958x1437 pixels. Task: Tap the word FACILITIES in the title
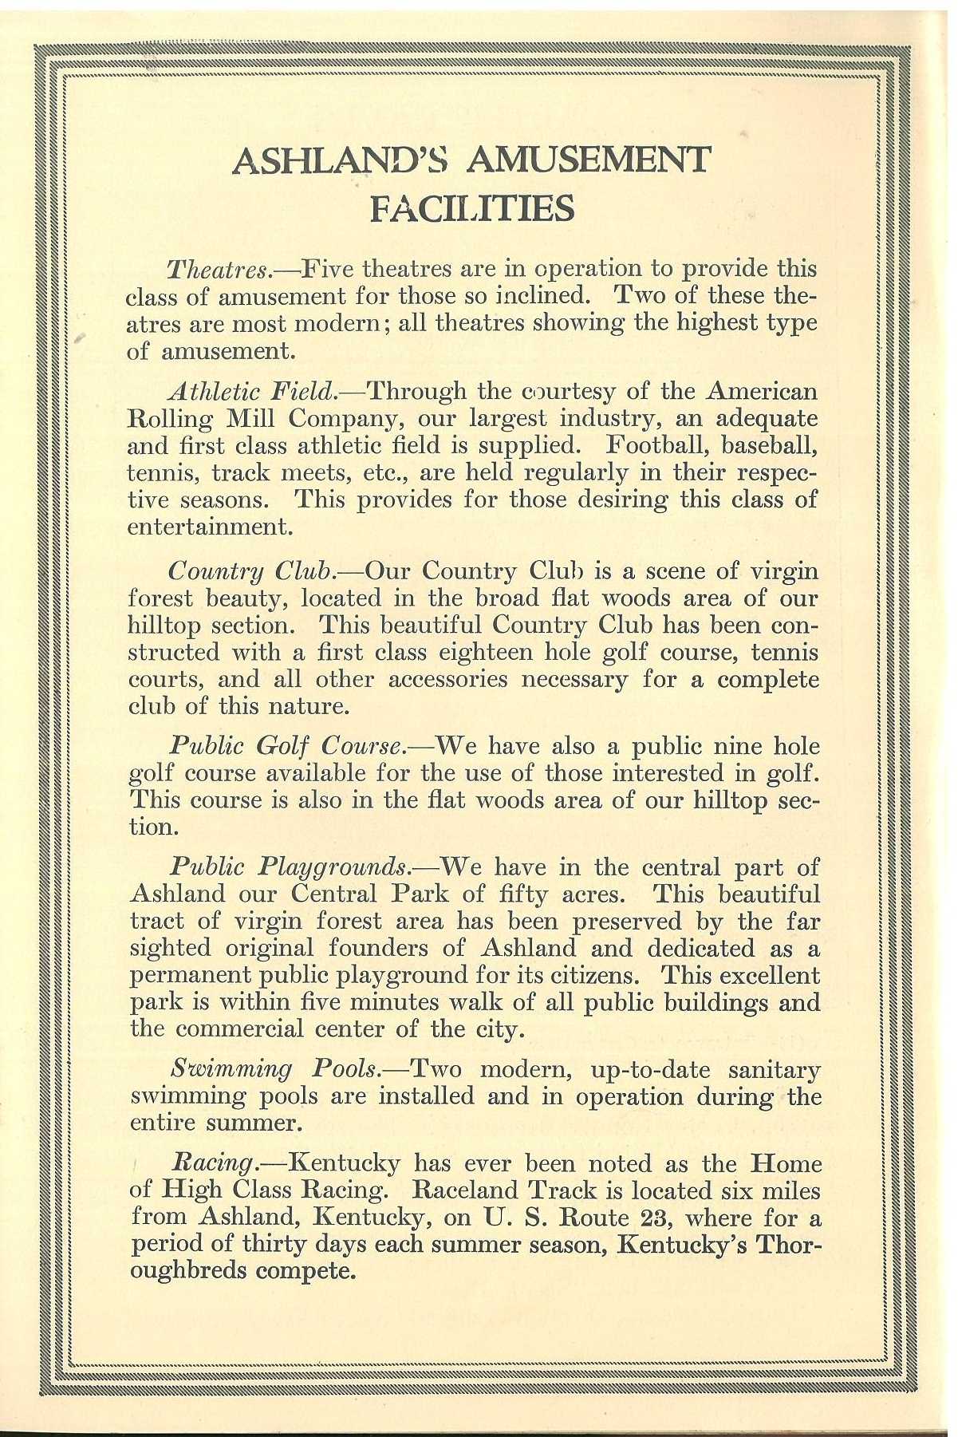[473, 209]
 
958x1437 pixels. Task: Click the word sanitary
[768, 1069]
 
